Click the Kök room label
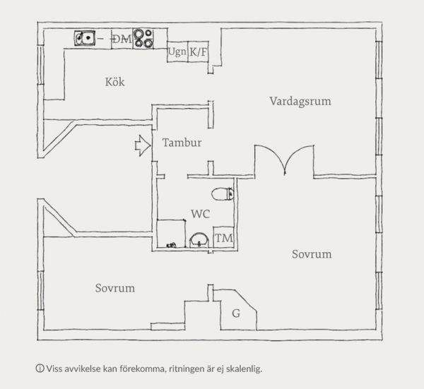click(114, 83)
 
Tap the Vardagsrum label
click(300, 101)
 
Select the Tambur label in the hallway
click(182, 143)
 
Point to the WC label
click(200, 212)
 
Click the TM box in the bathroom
click(223, 239)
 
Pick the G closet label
click(235, 312)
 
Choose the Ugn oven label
click(177, 52)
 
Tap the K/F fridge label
click(199, 52)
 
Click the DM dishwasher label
click(122, 38)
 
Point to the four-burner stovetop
click(143, 37)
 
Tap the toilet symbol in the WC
click(223, 193)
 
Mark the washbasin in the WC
click(199, 239)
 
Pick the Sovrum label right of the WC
click(312, 254)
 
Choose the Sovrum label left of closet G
click(114, 288)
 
